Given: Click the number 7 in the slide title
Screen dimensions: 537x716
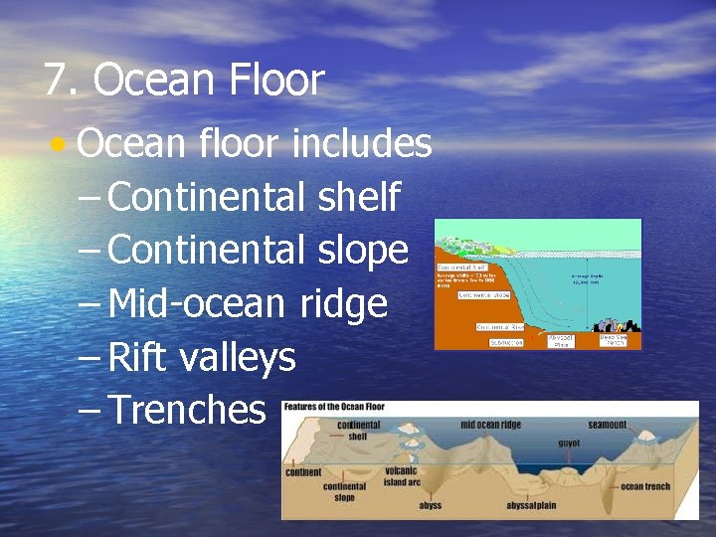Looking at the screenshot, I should [x=56, y=81].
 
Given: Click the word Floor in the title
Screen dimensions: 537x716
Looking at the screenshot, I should [x=280, y=81].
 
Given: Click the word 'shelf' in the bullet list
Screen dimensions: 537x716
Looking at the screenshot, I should [x=359, y=197].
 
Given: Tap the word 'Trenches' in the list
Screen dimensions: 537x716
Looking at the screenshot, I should [x=186, y=409].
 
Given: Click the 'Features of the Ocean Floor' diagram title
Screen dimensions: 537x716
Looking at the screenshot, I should [x=334, y=407].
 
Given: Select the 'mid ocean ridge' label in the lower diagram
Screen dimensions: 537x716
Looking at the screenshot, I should [x=489, y=425].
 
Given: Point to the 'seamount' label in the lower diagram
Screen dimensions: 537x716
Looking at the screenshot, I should [x=607, y=425].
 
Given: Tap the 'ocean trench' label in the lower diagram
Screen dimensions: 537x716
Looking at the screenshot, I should [x=645, y=486].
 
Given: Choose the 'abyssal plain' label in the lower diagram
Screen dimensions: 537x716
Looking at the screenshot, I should [x=531, y=505].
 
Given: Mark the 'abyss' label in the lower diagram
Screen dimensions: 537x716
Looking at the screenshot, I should [x=430, y=505].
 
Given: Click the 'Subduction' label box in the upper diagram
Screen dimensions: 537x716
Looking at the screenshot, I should [x=505, y=341].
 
